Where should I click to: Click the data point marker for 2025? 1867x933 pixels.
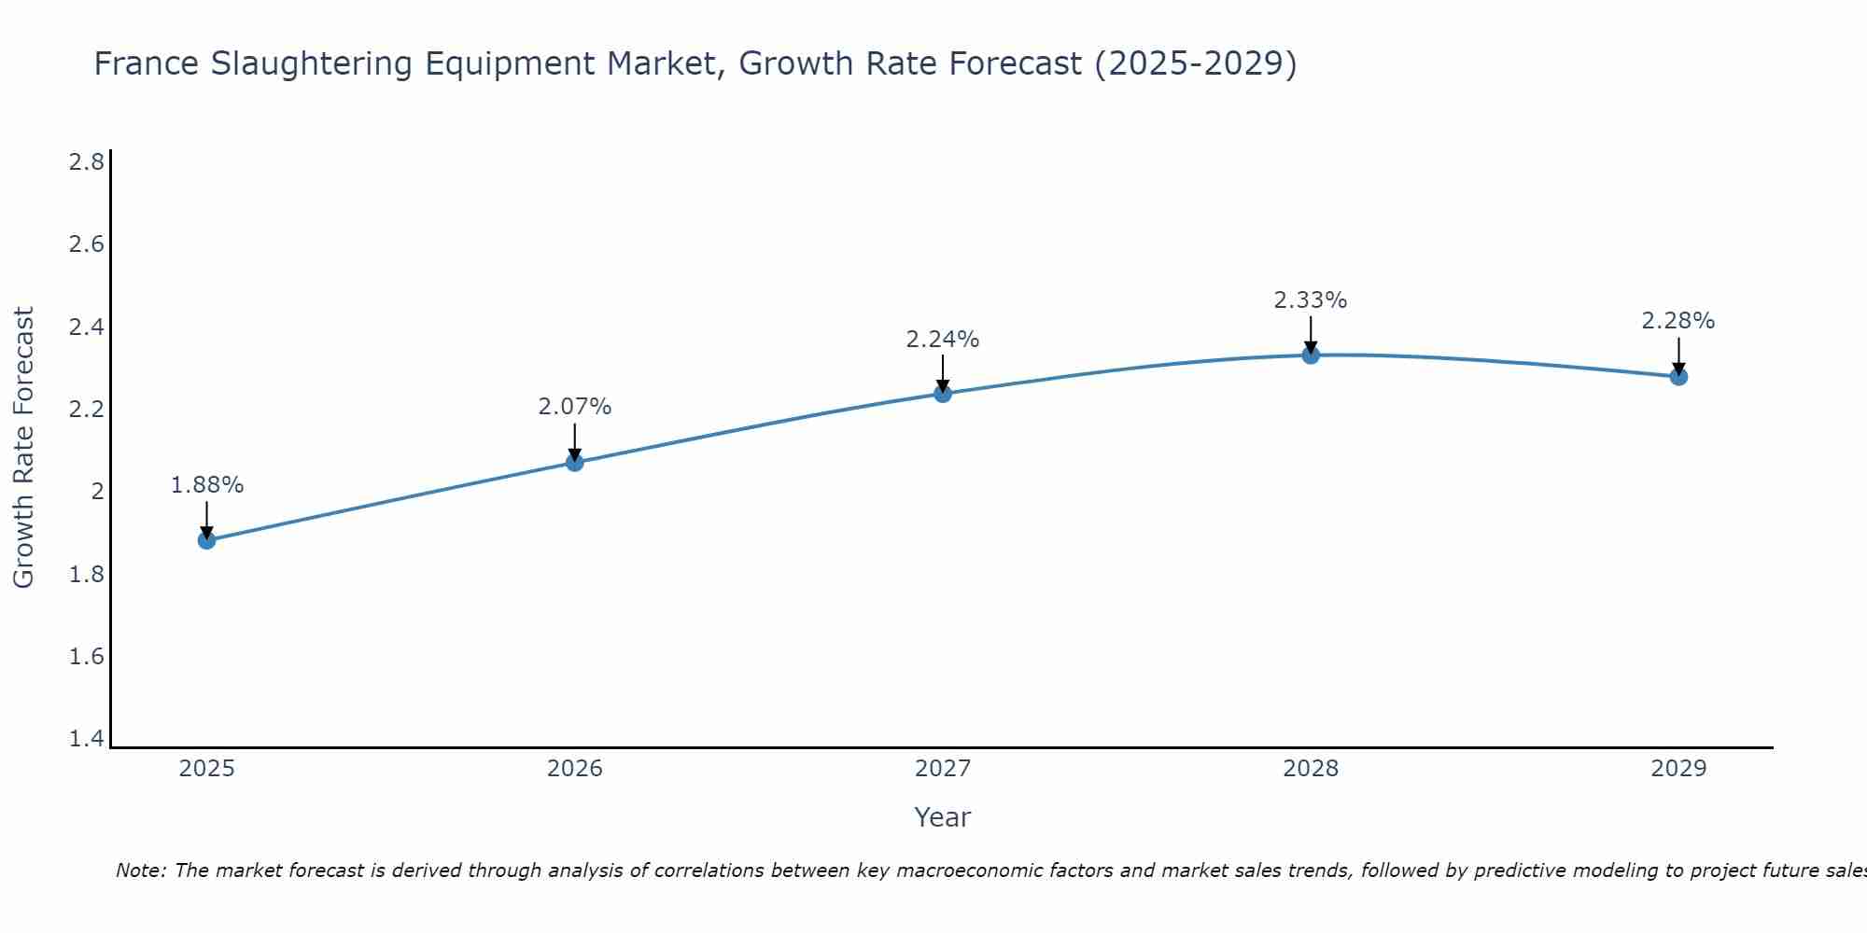pos(206,540)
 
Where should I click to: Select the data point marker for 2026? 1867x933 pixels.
pos(575,462)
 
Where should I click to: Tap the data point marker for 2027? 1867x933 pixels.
pos(943,393)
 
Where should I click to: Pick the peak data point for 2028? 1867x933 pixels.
pos(1311,355)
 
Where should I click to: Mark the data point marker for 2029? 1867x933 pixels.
pos(1678,376)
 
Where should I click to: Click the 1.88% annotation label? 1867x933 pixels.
pos(206,485)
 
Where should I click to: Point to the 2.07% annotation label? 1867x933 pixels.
pos(575,407)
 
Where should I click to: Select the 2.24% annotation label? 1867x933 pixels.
pos(943,340)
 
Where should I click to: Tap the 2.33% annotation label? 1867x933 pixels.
pos(1311,300)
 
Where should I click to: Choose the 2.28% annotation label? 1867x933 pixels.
pos(1678,321)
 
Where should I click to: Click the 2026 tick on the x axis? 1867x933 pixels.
pos(575,769)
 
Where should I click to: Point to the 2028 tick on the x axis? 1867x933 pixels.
pos(1311,769)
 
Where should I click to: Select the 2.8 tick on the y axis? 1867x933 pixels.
pos(86,162)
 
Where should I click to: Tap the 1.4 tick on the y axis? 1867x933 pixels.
pos(86,739)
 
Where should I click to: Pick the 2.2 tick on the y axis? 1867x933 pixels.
pos(86,410)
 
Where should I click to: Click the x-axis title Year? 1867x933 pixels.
pos(943,817)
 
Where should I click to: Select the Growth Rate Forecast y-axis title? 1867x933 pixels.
pos(23,448)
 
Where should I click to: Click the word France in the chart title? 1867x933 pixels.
pos(147,63)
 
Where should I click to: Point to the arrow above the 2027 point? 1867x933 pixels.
pos(943,373)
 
